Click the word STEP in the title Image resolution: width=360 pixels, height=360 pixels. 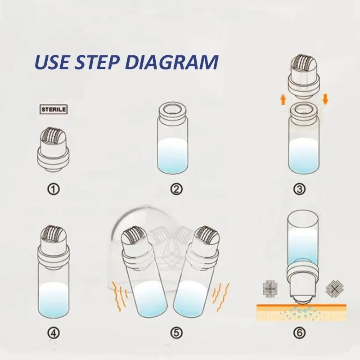pyautogui.click(x=97, y=62)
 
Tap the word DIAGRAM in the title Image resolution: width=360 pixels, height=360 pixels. pyautogui.click(x=172, y=62)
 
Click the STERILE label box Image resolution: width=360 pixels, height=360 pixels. pyautogui.click(x=54, y=109)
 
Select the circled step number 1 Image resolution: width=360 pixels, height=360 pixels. pyautogui.click(x=54, y=189)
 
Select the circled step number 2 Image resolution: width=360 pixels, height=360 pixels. pyautogui.click(x=176, y=189)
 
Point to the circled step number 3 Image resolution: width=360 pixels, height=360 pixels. pyautogui.click(x=299, y=189)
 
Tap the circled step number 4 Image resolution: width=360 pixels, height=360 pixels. pyautogui.click(x=54, y=333)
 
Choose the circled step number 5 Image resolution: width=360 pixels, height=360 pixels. pyautogui.click(x=176, y=333)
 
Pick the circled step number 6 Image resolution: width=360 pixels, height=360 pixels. pyautogui.click(x=299, y=333)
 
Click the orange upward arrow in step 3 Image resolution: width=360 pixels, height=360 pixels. pyautogui.click(x=283, y=100)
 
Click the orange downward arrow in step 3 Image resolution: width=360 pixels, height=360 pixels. pyautogui.click(x=325, y=99)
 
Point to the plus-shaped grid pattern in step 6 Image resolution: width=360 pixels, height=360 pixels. pyautogui.click(x=270, y=288)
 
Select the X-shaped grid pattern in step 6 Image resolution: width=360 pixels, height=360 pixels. pyautogui.click(x=334, y=288)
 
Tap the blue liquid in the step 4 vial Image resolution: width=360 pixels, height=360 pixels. pyautogui.click(x=53, y=298)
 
